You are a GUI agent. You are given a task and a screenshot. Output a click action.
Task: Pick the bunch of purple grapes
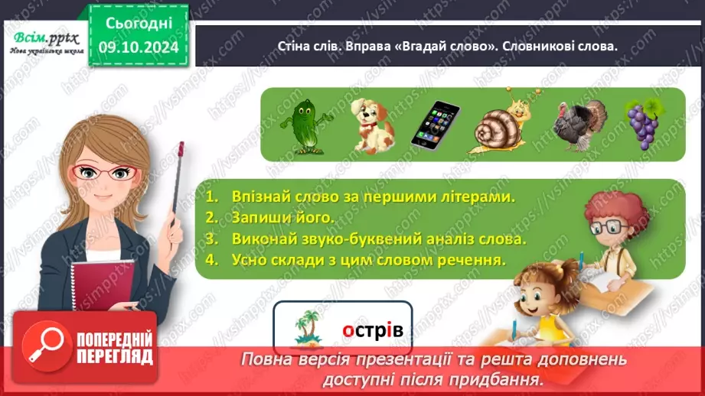(x=641, y=122)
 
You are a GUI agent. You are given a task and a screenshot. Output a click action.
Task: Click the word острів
(x=372, y=330)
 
